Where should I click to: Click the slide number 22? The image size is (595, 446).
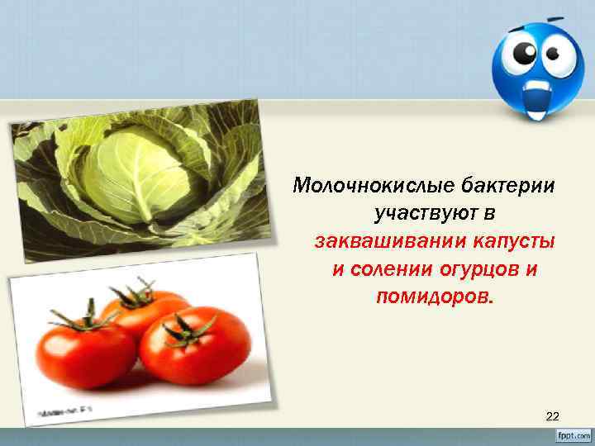click(553, 417)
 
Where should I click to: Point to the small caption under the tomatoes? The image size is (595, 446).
click(63, 410)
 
